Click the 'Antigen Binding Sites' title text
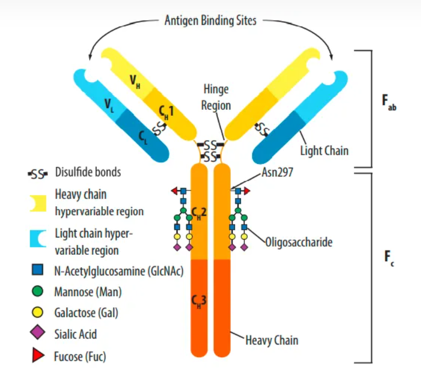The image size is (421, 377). point(210,21)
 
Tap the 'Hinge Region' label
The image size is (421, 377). point(215,97)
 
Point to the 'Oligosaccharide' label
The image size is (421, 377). point(298,242)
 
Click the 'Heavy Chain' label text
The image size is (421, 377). point(272,340)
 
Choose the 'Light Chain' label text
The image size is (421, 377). point(324,150)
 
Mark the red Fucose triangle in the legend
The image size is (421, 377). point(38,356)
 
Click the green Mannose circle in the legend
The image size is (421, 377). point(38,291)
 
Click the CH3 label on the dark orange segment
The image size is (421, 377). point(200,301)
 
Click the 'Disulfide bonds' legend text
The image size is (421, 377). point(88,173)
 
